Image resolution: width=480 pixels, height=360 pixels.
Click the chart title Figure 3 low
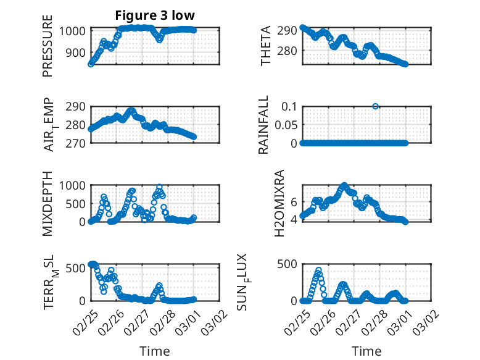[155, 15]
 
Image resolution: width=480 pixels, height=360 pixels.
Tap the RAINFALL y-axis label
[263, 124]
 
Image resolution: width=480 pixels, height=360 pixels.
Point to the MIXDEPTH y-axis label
[48, 203]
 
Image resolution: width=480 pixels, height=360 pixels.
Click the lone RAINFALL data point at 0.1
[375, 106]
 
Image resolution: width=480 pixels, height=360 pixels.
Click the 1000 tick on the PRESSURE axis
[73, 31]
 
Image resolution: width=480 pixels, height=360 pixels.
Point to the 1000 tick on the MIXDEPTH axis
[73, 185]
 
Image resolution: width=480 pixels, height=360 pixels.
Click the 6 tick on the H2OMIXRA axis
[294, 201]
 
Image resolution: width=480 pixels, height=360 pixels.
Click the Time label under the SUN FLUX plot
[366, 351]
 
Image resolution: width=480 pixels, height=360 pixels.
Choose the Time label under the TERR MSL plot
[155, 351]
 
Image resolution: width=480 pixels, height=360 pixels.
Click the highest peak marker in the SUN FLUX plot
[318, 270]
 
